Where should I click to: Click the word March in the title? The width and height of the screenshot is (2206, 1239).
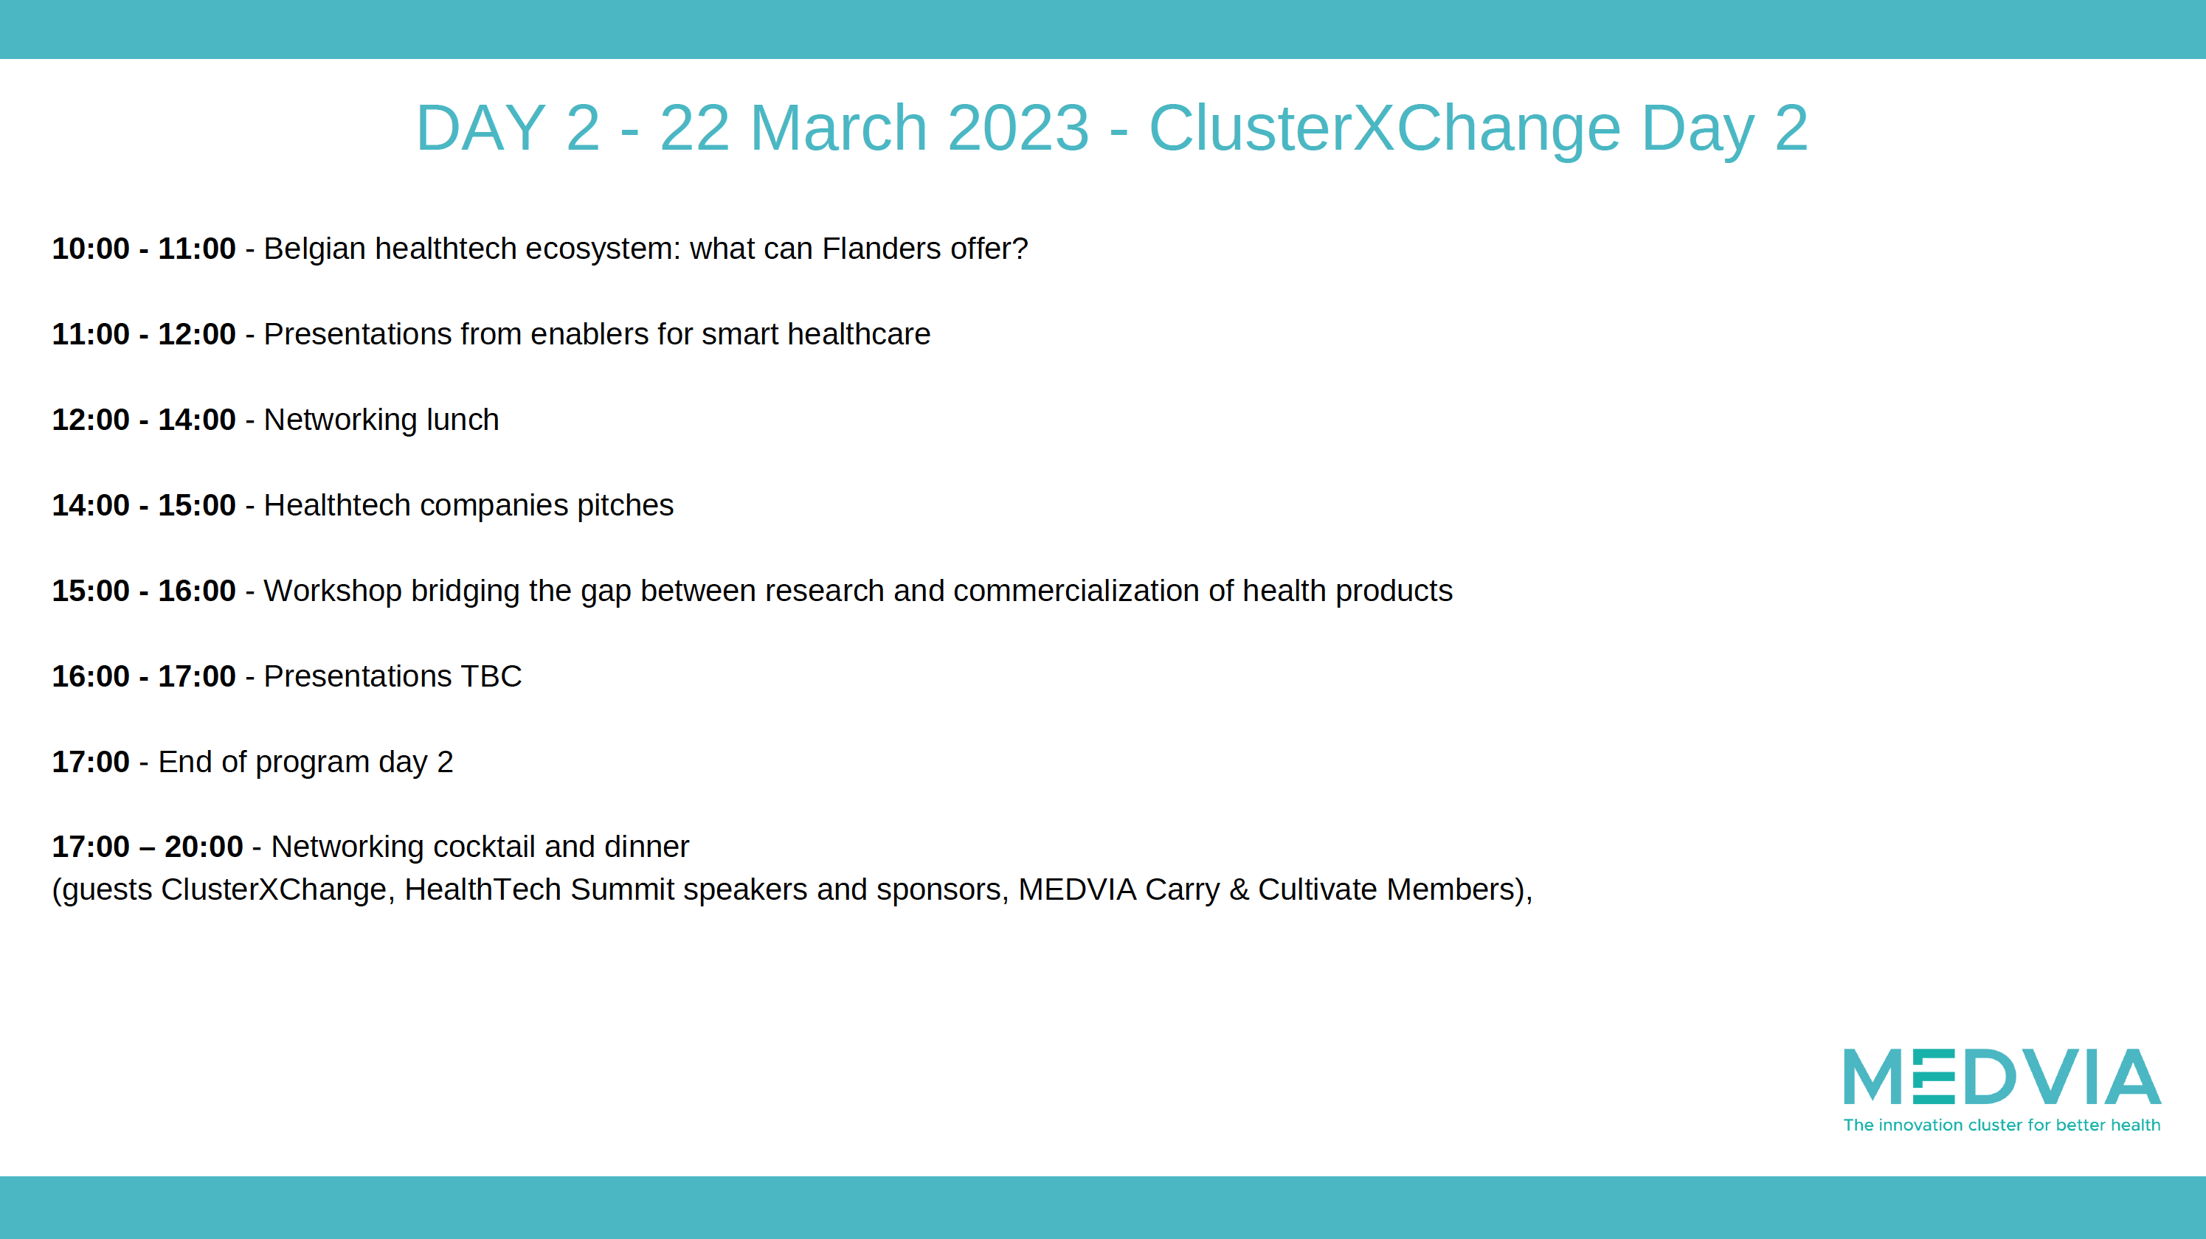838,128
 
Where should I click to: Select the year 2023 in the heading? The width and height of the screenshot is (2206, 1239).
1018,128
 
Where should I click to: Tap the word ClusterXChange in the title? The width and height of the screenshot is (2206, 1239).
1385,129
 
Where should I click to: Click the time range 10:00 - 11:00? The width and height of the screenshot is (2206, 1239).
144,249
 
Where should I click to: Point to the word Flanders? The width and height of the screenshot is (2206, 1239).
881,249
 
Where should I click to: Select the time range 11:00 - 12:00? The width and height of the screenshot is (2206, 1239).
144,334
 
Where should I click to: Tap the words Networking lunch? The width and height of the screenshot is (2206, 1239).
381,420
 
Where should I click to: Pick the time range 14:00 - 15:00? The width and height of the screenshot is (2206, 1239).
144,505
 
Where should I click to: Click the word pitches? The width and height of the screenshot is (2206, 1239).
625,506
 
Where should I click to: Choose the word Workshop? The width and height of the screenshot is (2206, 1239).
332,591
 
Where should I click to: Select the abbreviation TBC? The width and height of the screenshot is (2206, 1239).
491,676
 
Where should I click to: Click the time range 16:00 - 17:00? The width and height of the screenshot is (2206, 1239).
144,676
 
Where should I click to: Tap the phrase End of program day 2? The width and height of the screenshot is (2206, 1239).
305,763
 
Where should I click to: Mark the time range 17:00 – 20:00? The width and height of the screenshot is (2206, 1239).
148,847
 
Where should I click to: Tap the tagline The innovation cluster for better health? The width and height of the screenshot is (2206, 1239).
2002,1125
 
